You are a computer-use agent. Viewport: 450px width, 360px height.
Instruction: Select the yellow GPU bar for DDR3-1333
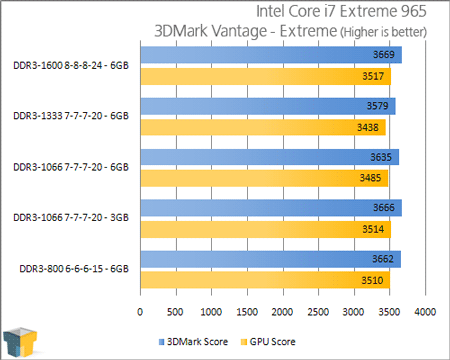[x=260, y=127]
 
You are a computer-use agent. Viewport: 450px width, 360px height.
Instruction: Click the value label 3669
[x=383, y=54]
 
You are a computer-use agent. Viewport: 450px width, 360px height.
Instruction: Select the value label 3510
[x=373, y=280]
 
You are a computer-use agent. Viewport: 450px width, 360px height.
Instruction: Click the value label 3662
[x=383, y=259]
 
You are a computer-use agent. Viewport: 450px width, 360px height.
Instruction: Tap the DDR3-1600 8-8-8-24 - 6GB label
[x=71, y=64]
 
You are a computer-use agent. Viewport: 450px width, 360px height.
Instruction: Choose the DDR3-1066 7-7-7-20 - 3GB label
[x=71, y=217]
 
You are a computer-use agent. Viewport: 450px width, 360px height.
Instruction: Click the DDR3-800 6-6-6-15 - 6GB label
[x=71, y=268]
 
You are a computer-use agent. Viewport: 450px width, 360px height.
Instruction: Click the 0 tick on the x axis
[x=143, y=313]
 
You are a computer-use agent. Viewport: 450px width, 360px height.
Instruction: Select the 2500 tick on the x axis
[x=319, y=313]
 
